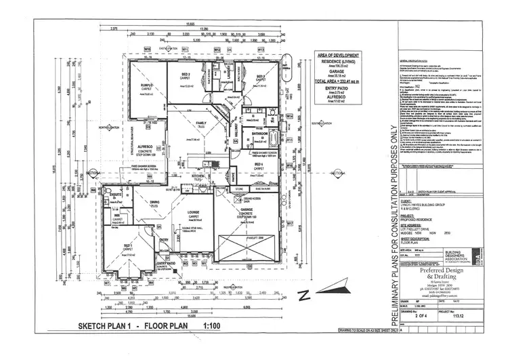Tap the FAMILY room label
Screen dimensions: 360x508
point(202,124)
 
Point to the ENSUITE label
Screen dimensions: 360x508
point(117,195)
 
